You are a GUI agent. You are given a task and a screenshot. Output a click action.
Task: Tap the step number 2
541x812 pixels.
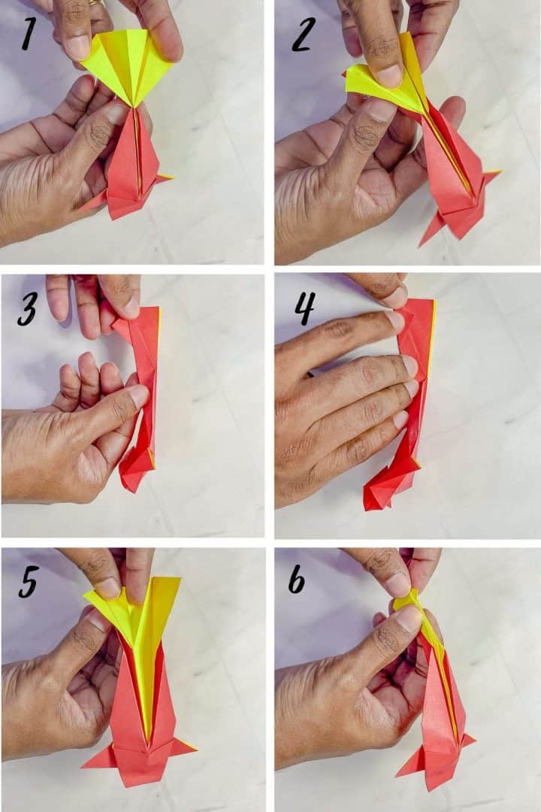click(x=301, y=35)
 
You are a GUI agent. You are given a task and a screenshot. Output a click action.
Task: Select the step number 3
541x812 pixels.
click(x=26, y=309)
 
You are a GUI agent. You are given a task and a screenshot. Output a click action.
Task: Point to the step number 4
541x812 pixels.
click(x=304, y=308)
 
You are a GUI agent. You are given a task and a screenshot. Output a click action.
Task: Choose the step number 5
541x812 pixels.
click(x=28, y=580)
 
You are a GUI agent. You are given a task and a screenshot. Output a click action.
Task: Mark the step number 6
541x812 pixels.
click(x=297, y=580)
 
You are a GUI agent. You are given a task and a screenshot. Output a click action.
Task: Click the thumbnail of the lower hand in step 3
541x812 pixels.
click(x=139, y=396)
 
